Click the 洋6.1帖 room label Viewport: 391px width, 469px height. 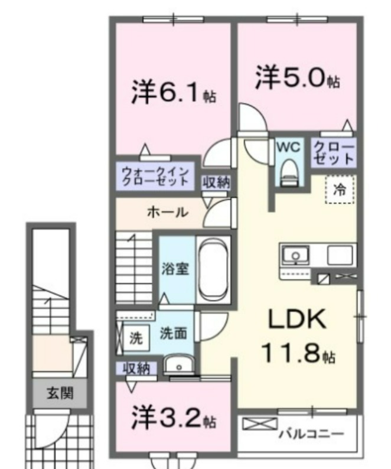click(173, 92)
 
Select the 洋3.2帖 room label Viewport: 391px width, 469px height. click(173, 417)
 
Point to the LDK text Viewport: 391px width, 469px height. click(297, 319)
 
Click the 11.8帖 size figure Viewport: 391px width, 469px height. click(298, 353)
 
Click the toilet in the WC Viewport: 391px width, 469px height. click(289, 172)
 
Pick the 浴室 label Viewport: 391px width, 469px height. click(175, 268)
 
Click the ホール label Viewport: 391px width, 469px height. click(168, 213)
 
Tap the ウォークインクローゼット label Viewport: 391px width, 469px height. click(155, 176)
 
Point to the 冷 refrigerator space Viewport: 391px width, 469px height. click(340, 190)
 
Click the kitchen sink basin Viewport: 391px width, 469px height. click(295, 255)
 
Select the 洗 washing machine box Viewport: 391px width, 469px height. click(136, 338)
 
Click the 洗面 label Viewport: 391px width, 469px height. click(174, 333)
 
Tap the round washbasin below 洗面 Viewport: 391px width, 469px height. click(179, 364)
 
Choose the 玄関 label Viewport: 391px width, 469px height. click(60, 393)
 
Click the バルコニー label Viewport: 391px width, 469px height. click(311, 434)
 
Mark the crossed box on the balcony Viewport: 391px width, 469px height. click(260, 424)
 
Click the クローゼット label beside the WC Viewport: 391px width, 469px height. click(334, 153)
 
